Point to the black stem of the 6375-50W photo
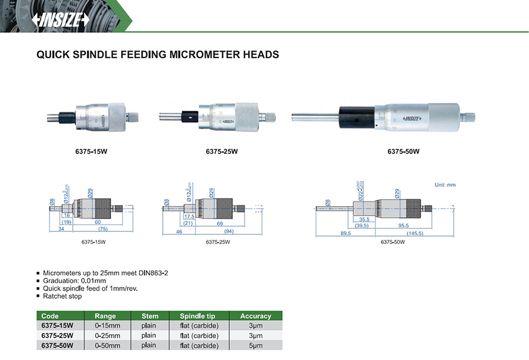(357, 116)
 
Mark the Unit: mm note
(445, 185)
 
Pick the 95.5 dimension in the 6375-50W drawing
(403, 224)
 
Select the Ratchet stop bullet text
(63, 296)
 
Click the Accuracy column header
(256, 316)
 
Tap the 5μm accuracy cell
(256, 345)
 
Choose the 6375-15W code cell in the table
(57, 325)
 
